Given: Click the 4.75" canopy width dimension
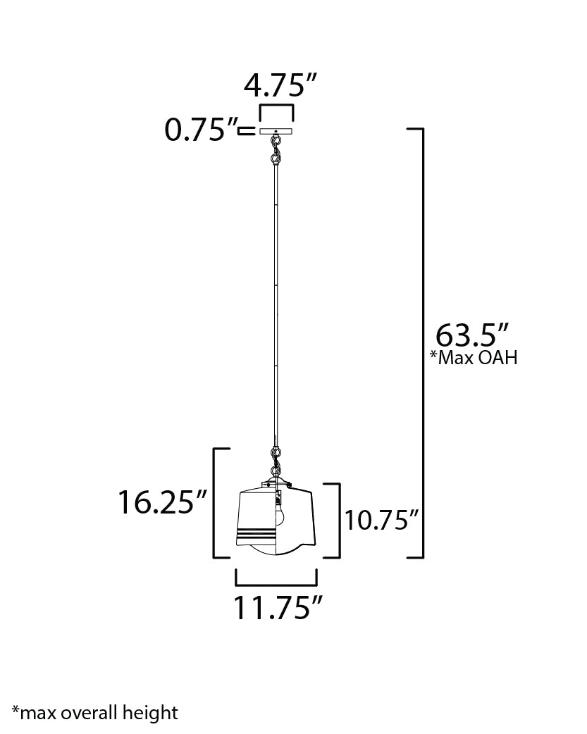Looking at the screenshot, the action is [280, 85].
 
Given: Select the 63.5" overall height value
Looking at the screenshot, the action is [471, 334].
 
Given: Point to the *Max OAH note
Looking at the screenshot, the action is [474, 358].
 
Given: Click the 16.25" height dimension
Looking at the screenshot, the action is [162, 502].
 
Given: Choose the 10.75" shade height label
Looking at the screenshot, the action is [381, 520].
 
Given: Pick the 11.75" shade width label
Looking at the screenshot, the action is [278, 608].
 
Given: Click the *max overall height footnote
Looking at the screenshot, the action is [95, 713].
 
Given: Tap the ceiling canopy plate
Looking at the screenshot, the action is [276, 132].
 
